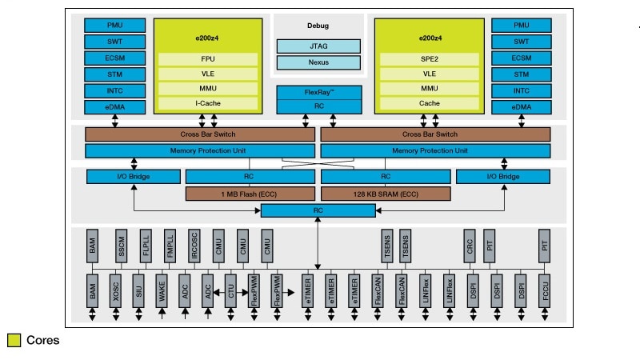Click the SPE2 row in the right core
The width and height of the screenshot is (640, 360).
(429, 58)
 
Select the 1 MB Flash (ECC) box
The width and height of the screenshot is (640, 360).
(250, 194)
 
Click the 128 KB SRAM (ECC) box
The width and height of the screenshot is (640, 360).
(386, 194)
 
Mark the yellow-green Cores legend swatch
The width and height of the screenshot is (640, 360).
(14, 340)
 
